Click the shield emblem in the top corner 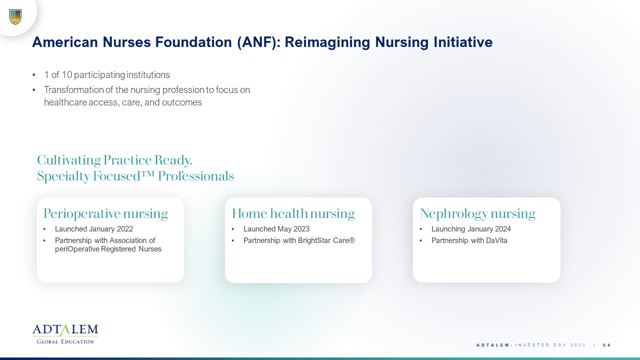click(15, 17)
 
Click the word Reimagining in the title click(327, 42)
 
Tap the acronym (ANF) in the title click(259, 42)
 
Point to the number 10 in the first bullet click(66, 75)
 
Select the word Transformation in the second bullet click(74, 89)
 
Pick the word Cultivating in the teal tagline click(69, 160)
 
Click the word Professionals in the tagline click(196, 176)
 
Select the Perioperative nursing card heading click(105, 213)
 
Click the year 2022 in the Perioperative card click(125, 229)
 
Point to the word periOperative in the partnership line click(77, 249)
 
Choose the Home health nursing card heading click(293, 213)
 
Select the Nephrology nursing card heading click(477, 213)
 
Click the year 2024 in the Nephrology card click(503, 229)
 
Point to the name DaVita click(496, 240)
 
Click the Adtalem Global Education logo click(65, 334)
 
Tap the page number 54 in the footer click(607, 345)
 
